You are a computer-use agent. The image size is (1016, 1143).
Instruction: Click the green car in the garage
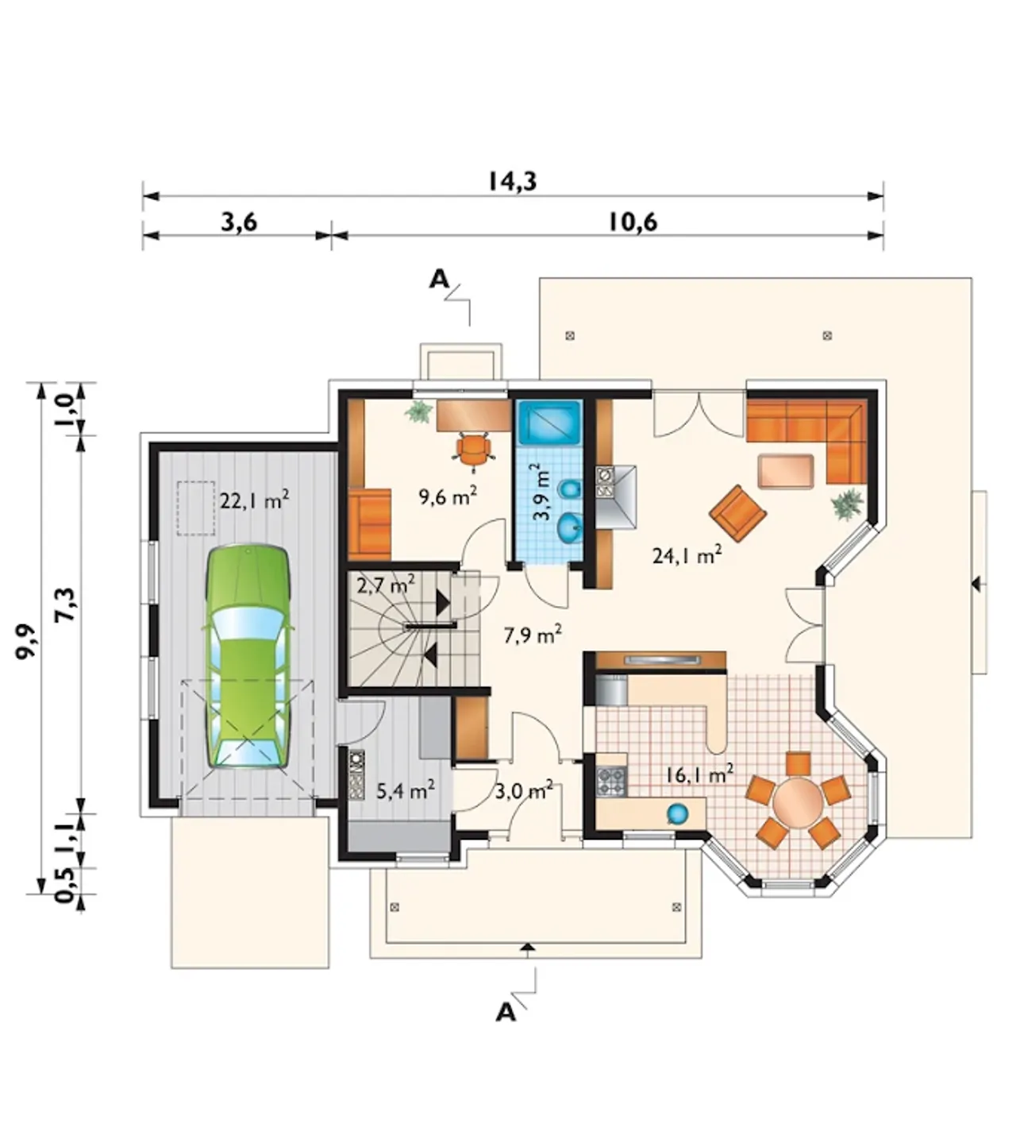pyautogui.click(x=248, y=655)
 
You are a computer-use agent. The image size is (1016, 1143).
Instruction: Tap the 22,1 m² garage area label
pyautogui.click(x=254, y=500)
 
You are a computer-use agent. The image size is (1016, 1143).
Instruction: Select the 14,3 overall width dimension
pyautogui.click(x=512, y=181)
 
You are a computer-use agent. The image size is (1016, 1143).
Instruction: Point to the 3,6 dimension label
pyautogui.click(x=238, y=222)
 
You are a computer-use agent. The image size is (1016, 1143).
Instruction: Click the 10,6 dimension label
pyautogui.click(x=633, y=222)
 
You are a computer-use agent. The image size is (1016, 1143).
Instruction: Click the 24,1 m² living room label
pyautogui.click(x=687, y=555)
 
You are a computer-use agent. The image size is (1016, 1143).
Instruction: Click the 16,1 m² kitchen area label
pyautogui.click(x=699, y=774)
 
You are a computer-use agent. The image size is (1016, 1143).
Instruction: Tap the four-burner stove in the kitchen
pyautogui.click(x=612, y=782)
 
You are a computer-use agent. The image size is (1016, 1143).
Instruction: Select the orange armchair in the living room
pyautogui.click(x=738, y=513)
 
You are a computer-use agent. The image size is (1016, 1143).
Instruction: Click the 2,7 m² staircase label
pyautogui.click(x=386, y=585)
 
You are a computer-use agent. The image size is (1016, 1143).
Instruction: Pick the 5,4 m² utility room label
pyautogui.click(x=406, y=791)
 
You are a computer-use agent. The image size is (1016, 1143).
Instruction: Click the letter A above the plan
pyautogui.click(x=439, y=279)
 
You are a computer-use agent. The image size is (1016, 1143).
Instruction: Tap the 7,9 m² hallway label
pyautogui.click(x=533, y=635)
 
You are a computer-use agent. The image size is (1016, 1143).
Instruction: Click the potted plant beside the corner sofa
pyautogui.click(x=847, y=503)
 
